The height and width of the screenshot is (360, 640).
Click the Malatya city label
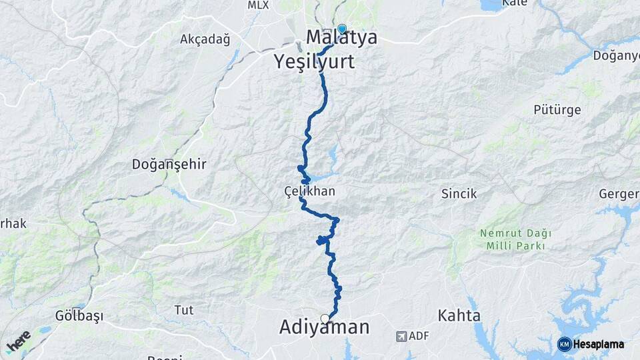[x=341, y=38]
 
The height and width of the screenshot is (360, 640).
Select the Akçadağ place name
[x=205, y=39]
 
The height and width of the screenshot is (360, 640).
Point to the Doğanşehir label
[x=169, y=164]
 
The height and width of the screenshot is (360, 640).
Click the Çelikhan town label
[x=309, y=192]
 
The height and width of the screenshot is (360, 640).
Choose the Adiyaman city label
[x=324, y=328]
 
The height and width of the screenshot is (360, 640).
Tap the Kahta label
[x=459, y=315]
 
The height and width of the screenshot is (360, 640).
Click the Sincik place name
[x=459, y=194]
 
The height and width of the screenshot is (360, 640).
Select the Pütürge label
[x=557, y=109]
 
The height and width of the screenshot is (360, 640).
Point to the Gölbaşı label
[x=79, y=316]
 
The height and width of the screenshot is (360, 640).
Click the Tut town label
[x=183, y=310]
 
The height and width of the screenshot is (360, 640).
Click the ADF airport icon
[x=401, y=336]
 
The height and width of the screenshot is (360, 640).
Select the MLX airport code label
[x=258, y=5]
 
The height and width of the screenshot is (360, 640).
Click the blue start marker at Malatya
[x=342, y=29]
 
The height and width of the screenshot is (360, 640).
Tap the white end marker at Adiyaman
[x=325, y=319]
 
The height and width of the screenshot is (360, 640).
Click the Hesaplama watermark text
[x=599, y=344]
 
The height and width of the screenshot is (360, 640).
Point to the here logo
[x=18, y=341]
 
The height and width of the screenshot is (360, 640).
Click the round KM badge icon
[x=564, y=344]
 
